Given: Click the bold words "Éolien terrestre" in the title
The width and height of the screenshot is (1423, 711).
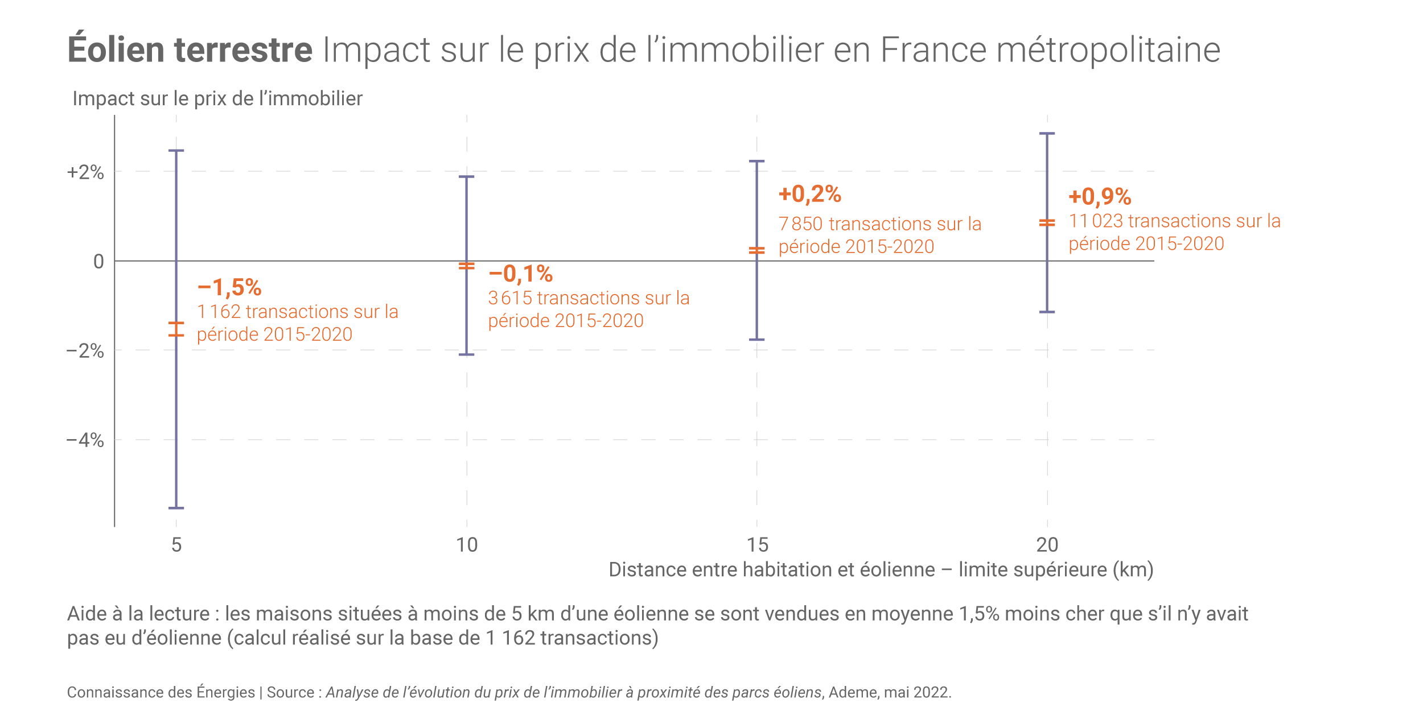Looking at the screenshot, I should coord(190,50).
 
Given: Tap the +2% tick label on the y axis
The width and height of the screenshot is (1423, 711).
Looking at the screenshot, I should coord(85,172).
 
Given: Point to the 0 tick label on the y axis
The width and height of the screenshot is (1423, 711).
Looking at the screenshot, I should coord(98,262).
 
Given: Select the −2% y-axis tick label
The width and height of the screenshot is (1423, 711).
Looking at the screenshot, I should coord(85,351).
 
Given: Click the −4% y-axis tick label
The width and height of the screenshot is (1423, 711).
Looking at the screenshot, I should coord(85,440).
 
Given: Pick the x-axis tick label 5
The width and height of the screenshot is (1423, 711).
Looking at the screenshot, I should coord(176,545).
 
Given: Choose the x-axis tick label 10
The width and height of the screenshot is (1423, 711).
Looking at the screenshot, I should coord(467,545).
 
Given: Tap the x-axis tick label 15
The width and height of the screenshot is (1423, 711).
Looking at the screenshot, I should coord(757,545).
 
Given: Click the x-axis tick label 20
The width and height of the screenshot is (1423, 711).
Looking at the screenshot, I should coord(1047,545).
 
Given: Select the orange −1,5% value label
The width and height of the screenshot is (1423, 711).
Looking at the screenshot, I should coord(229,288).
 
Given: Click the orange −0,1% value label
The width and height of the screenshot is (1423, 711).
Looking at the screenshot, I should coord(520,274).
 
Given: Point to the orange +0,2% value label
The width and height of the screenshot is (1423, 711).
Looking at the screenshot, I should coord(809,195).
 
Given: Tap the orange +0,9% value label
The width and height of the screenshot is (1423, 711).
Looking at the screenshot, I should coord(1100,197).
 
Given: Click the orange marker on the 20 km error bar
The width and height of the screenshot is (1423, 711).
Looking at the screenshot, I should coord(1047,223).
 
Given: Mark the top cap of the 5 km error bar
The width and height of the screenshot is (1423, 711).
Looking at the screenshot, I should coord(176,151).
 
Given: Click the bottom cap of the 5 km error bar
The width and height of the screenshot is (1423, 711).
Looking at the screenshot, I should coord(176,508).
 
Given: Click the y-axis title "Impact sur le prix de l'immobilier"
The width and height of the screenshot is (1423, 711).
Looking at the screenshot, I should coord(217,99).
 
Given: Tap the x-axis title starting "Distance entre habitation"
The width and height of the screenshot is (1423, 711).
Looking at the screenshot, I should coord(881,570).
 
